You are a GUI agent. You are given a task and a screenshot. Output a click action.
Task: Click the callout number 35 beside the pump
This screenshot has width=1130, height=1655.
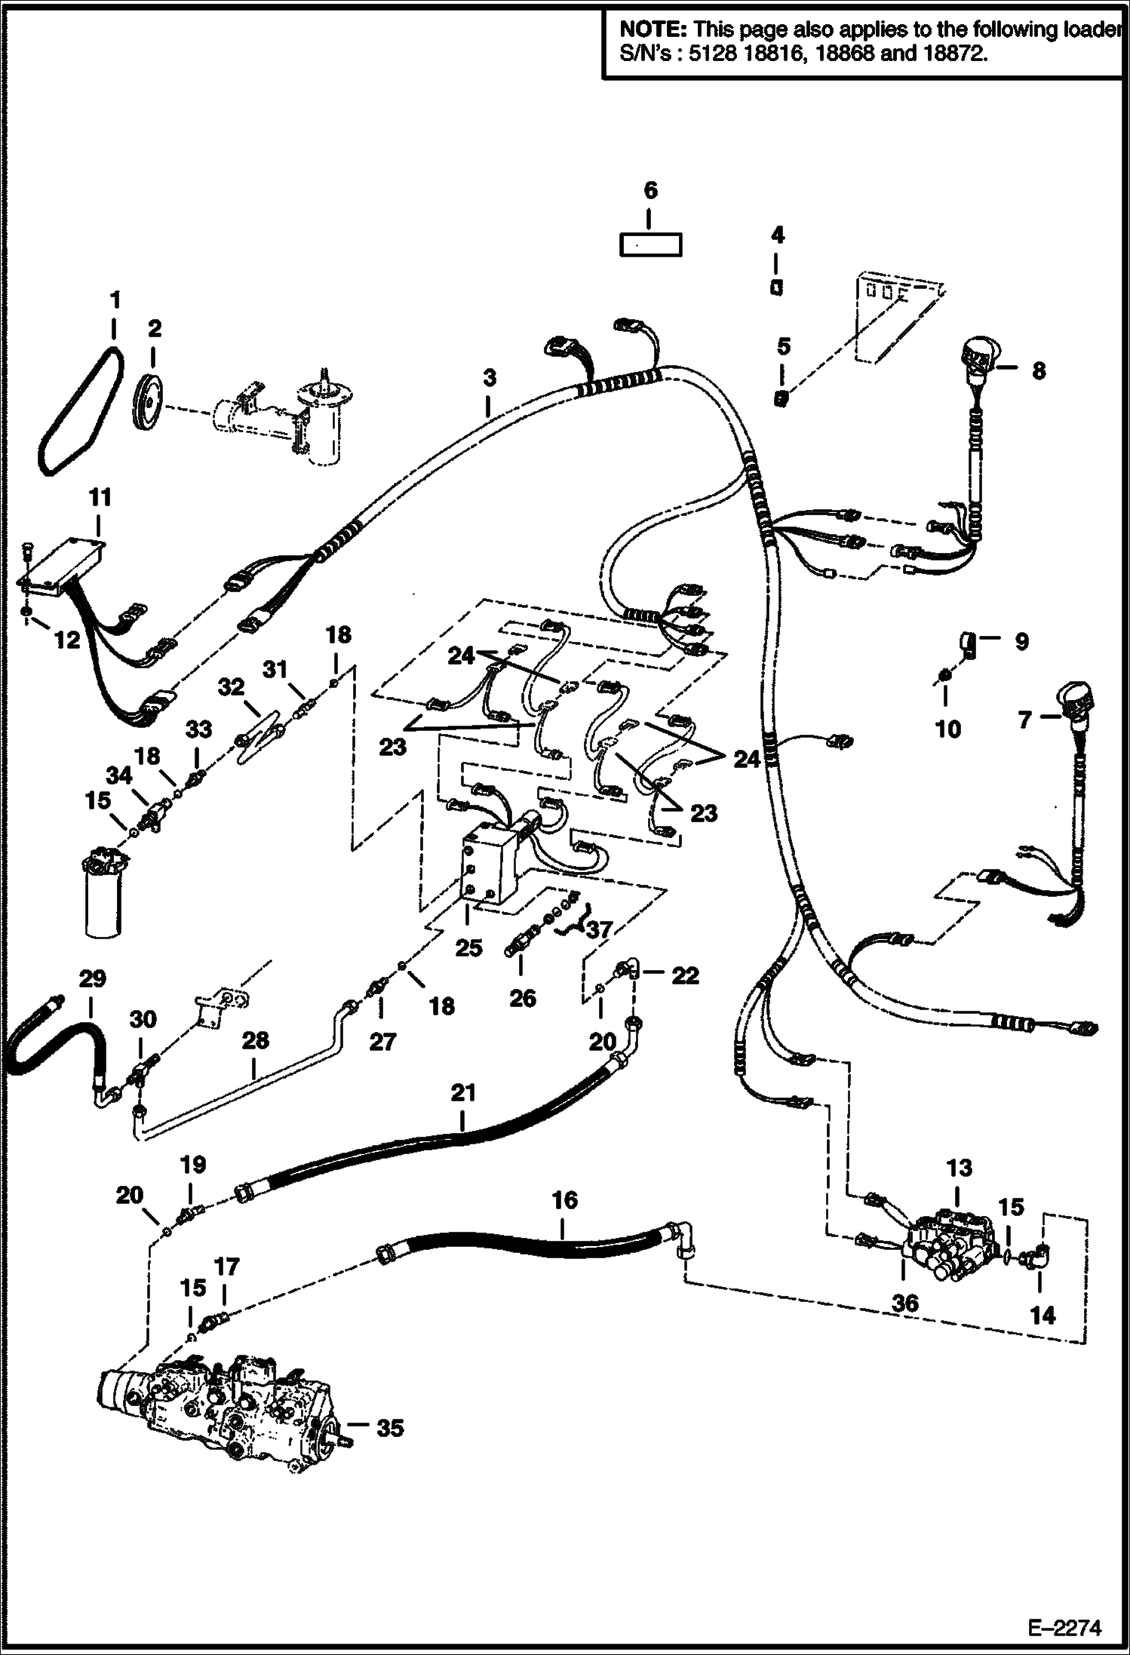coord(389,1427)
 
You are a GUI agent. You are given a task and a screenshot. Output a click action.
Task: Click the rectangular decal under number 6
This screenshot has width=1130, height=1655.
coord(650,246)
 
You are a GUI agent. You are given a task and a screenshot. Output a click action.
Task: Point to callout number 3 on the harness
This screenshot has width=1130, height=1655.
coord(490,379)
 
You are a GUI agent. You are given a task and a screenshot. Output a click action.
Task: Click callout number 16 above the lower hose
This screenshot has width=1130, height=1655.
coord(564,1200)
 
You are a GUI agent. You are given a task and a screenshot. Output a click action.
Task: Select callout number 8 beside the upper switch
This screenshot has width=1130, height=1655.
coord(1038,371)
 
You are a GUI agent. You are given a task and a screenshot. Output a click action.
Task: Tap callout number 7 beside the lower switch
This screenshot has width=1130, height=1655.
coord(1024,720)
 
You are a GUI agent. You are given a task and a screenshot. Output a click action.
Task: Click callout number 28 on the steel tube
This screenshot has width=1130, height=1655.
coord(256,1039)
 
